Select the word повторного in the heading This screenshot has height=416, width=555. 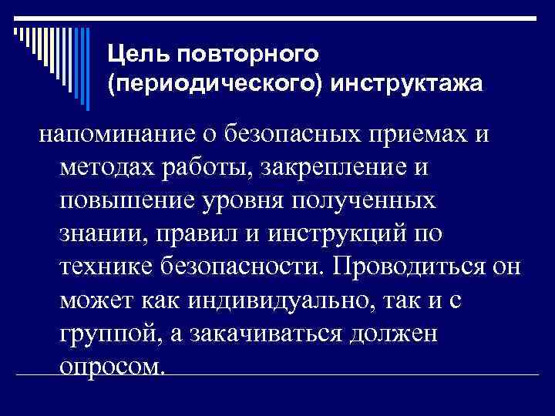coord(247,54)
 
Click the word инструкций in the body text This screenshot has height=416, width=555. coord(339,233)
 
